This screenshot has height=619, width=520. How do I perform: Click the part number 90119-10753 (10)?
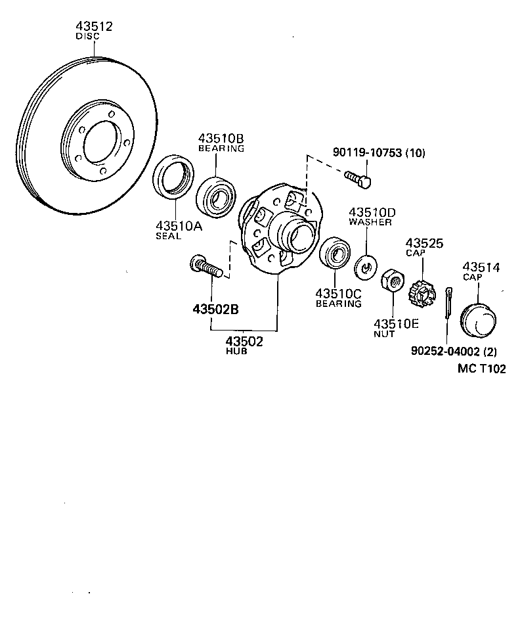click(x=379, y=153)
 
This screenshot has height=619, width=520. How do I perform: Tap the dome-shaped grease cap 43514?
click(x=478, y=319)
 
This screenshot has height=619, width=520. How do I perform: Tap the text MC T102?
click(x=482, y=369)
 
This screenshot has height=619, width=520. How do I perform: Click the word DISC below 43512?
click(x=87, y=37)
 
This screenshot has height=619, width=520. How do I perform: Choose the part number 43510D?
click(x=372, y=212)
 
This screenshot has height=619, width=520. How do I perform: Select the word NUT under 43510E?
click(x=384, y=333)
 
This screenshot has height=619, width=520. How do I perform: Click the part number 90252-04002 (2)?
click(x=454, y=352)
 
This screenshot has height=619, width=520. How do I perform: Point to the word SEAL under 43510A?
click(x=168, y=236)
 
